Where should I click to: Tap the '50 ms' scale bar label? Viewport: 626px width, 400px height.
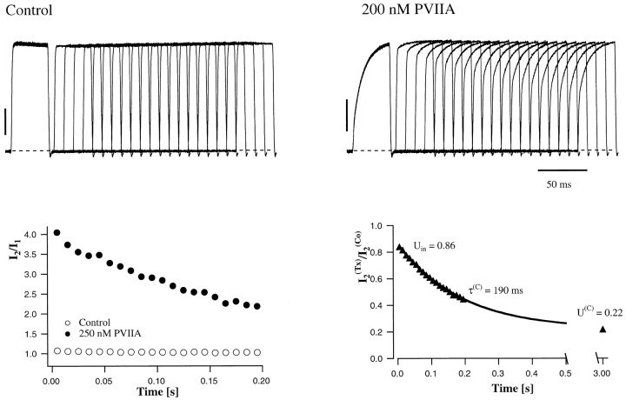tap(560, 185)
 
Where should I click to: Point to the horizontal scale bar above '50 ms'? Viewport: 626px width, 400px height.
tap(562, 170)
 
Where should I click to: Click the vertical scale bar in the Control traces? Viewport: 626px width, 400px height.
tap(6, 121)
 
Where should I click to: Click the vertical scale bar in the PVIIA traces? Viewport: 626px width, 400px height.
tap(347, 114)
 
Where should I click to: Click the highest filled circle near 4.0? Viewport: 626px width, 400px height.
tap(57, 233)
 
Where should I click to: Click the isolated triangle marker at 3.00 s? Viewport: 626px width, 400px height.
tap(602, 330)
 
